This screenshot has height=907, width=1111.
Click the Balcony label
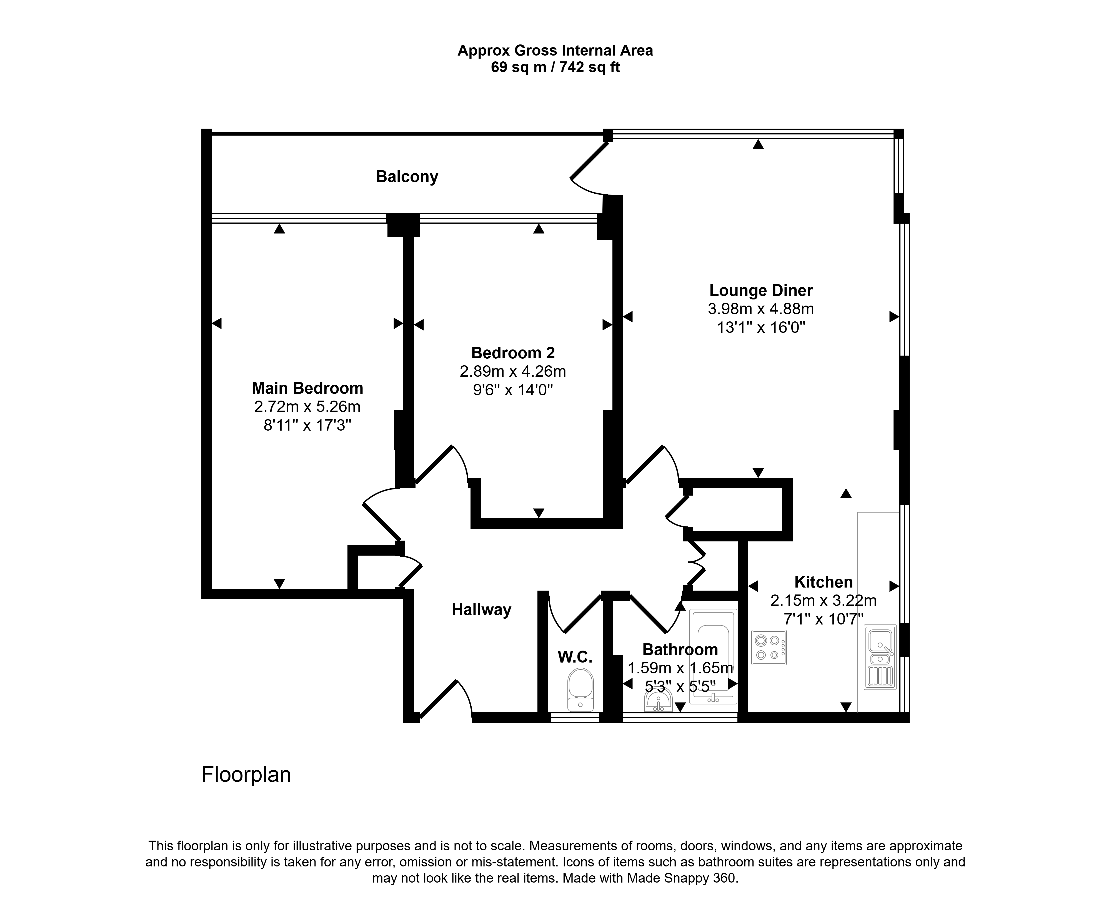pos(407,177)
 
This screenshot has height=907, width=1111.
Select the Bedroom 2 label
pos(513,353)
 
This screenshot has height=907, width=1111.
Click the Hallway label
pos(482,610)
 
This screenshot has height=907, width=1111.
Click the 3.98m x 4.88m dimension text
pos(761,309)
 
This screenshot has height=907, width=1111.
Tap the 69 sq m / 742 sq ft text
pos(555,68)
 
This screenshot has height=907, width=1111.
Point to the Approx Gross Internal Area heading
pos(555,51)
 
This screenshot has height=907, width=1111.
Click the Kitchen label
pos(824,582)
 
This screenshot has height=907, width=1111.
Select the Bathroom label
pos(680,649)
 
